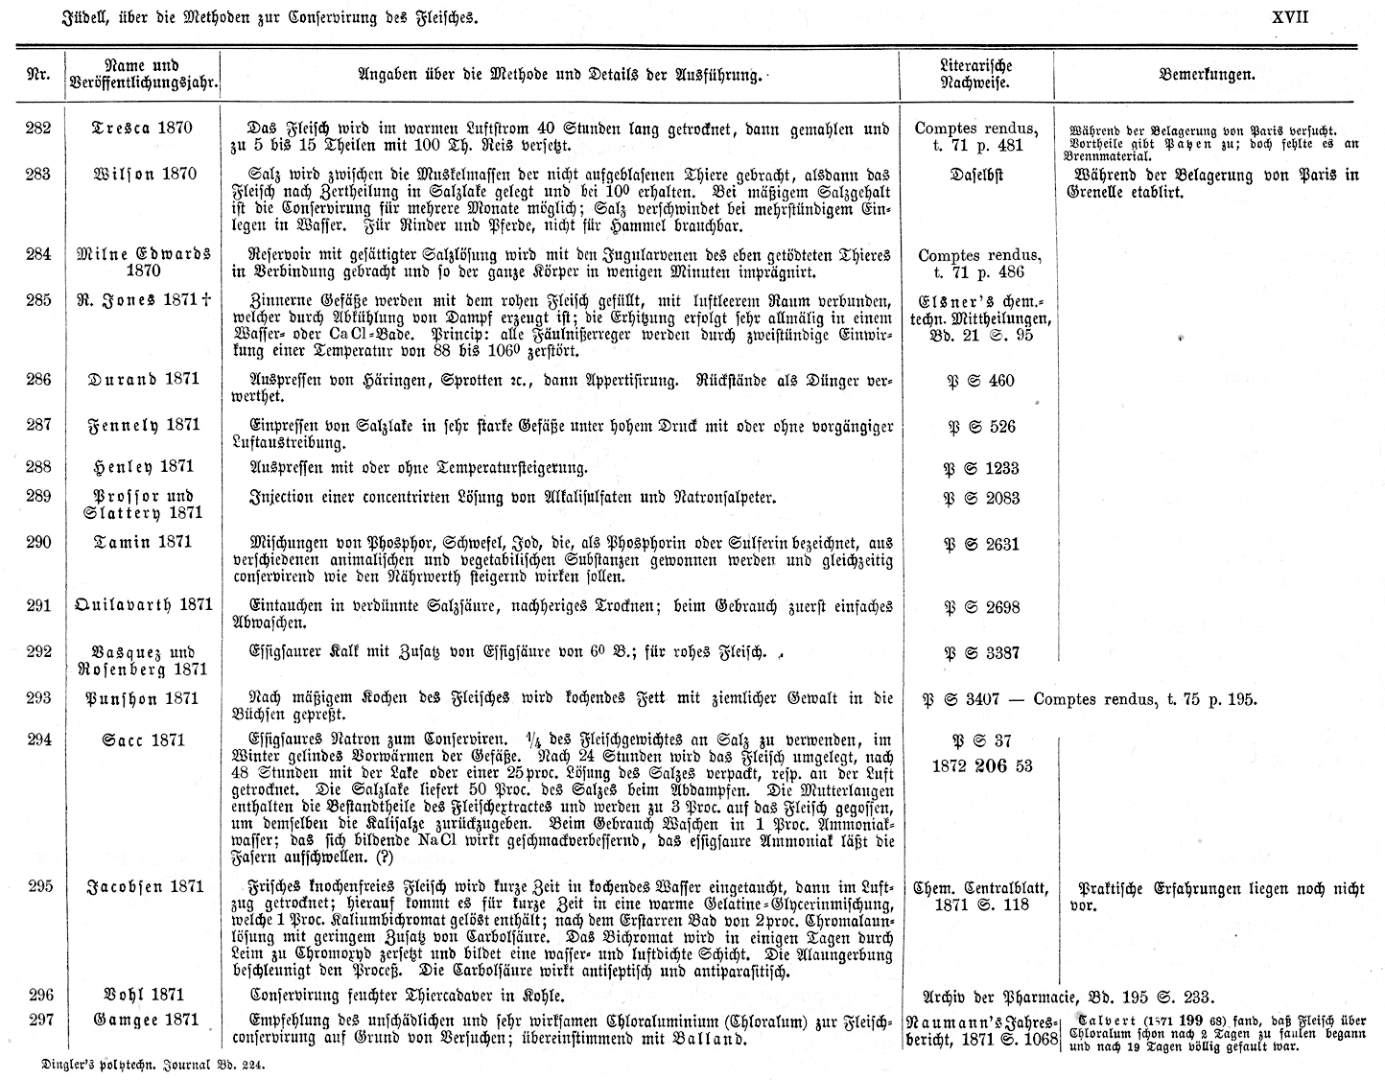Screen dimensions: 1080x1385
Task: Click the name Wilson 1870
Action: pyautogui.click(x=144, y=174)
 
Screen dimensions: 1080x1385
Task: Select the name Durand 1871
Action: pyautogui.click(x=144, y=379)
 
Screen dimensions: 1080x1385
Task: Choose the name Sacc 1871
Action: pyautogui.click(x=144, y=740)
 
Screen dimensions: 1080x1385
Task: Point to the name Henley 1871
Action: pyautogui.click(x=144, y=467)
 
